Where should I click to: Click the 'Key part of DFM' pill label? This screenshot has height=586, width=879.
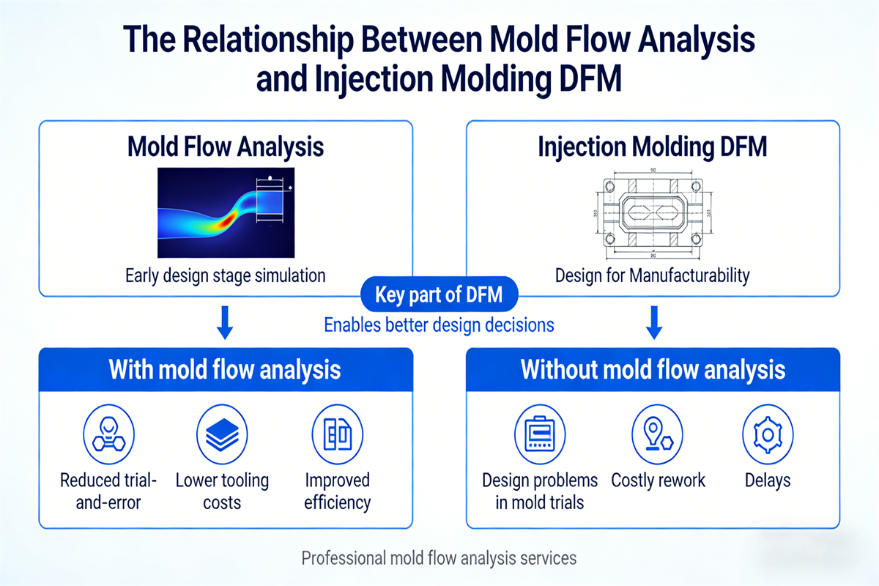(x=439, y=295)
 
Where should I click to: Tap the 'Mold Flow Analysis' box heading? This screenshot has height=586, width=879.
(x=226, y=146)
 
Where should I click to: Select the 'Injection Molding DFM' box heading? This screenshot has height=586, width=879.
(x=653, y=146)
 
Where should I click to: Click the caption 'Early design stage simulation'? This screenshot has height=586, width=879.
(x=226, y=276)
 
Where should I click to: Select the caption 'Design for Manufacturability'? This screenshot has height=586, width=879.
(x=652, y=276)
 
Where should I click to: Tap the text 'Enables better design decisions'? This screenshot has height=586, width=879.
(x=439, y=324)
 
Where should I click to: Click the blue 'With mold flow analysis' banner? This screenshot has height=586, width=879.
(x=226, y=368)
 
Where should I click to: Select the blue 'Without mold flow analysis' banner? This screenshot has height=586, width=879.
(x=653, y=368)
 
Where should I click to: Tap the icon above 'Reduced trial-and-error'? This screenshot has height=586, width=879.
(x=108, y=434)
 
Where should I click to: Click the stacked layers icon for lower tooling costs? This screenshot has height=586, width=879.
(x=222, y=434)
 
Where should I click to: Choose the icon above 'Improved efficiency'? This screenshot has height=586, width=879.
(x=337, y=434)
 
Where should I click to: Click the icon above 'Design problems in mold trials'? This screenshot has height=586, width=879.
(x=539, y=434)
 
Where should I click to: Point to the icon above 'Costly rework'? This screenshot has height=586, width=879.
(x=657, y=434)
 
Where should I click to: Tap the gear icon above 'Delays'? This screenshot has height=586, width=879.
(x=768, y=434)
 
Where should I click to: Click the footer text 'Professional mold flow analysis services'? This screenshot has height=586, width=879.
(x=439, y=558)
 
